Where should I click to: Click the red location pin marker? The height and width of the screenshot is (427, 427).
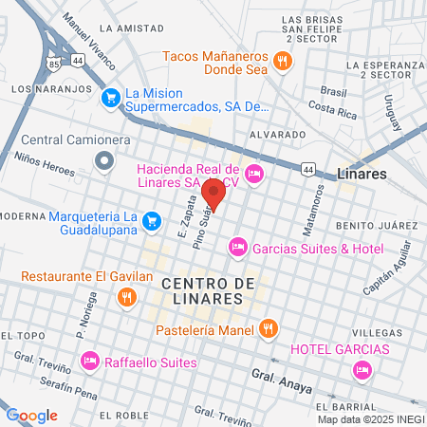click(x=213, y=193)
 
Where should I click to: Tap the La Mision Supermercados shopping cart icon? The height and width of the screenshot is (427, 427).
click(x=110, y=95)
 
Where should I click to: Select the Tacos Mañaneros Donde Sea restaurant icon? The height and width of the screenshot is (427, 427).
click(x=282, y=63)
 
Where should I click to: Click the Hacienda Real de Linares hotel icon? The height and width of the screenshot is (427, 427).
click(x=253, y=173)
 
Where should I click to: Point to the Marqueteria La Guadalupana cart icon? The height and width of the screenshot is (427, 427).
click(x=152, y=221)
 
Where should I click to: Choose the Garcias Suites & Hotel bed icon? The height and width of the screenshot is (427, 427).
click(x=237, y=248)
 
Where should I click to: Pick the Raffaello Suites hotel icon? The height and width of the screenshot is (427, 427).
click(x=90, y=361)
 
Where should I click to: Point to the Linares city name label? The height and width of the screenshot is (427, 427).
click(x=362, y=175)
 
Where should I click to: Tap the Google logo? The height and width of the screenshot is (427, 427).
click(x=32, y=415)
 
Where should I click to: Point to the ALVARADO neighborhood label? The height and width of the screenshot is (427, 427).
click(x=277, y=136)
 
